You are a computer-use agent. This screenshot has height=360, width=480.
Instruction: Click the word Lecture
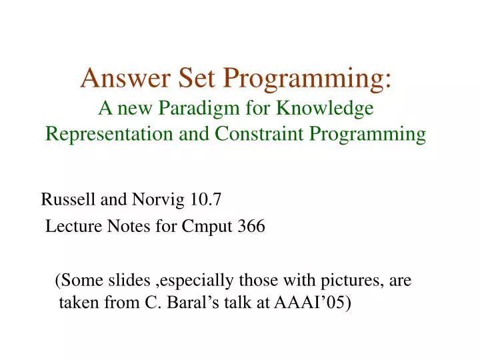(x=71, y=227)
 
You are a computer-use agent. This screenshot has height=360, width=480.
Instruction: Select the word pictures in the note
(x=351, y=281)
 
